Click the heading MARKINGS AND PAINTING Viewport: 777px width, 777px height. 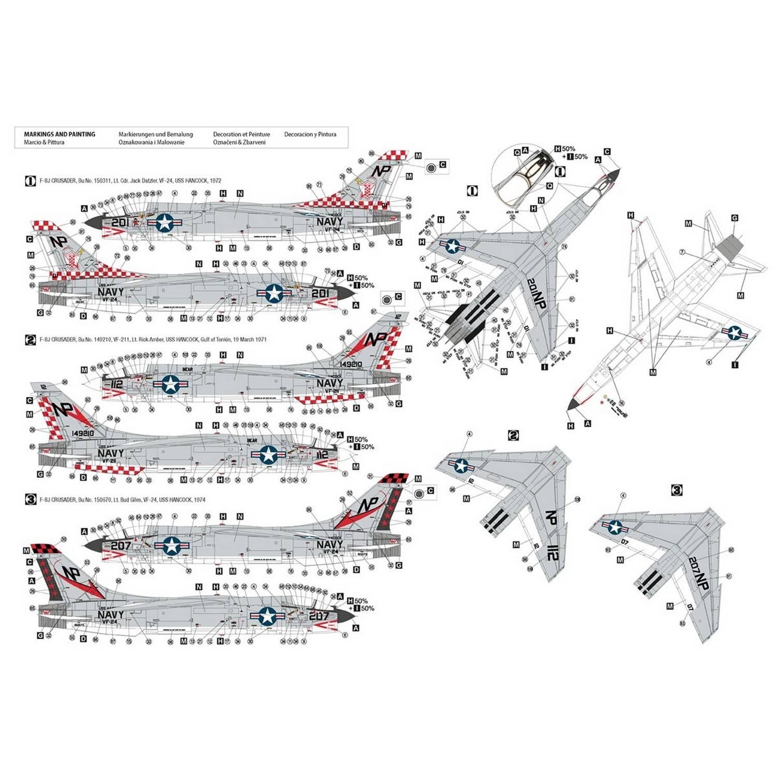click(60, 134)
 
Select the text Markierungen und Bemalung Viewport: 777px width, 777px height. click(155, 134)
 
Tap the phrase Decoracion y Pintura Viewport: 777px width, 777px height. click(310, 134)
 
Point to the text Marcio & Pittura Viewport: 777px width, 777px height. click(44, 142)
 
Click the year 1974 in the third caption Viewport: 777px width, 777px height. click(199, 500)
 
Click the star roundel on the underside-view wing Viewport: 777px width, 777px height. click(734, 333)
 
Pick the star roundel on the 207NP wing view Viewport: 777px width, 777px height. click(615, 527)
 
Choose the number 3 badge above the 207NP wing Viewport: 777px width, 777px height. click(677, 490)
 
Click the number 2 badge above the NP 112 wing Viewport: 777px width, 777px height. click(513, 435)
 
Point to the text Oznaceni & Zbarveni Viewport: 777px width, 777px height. click(239, 142)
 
